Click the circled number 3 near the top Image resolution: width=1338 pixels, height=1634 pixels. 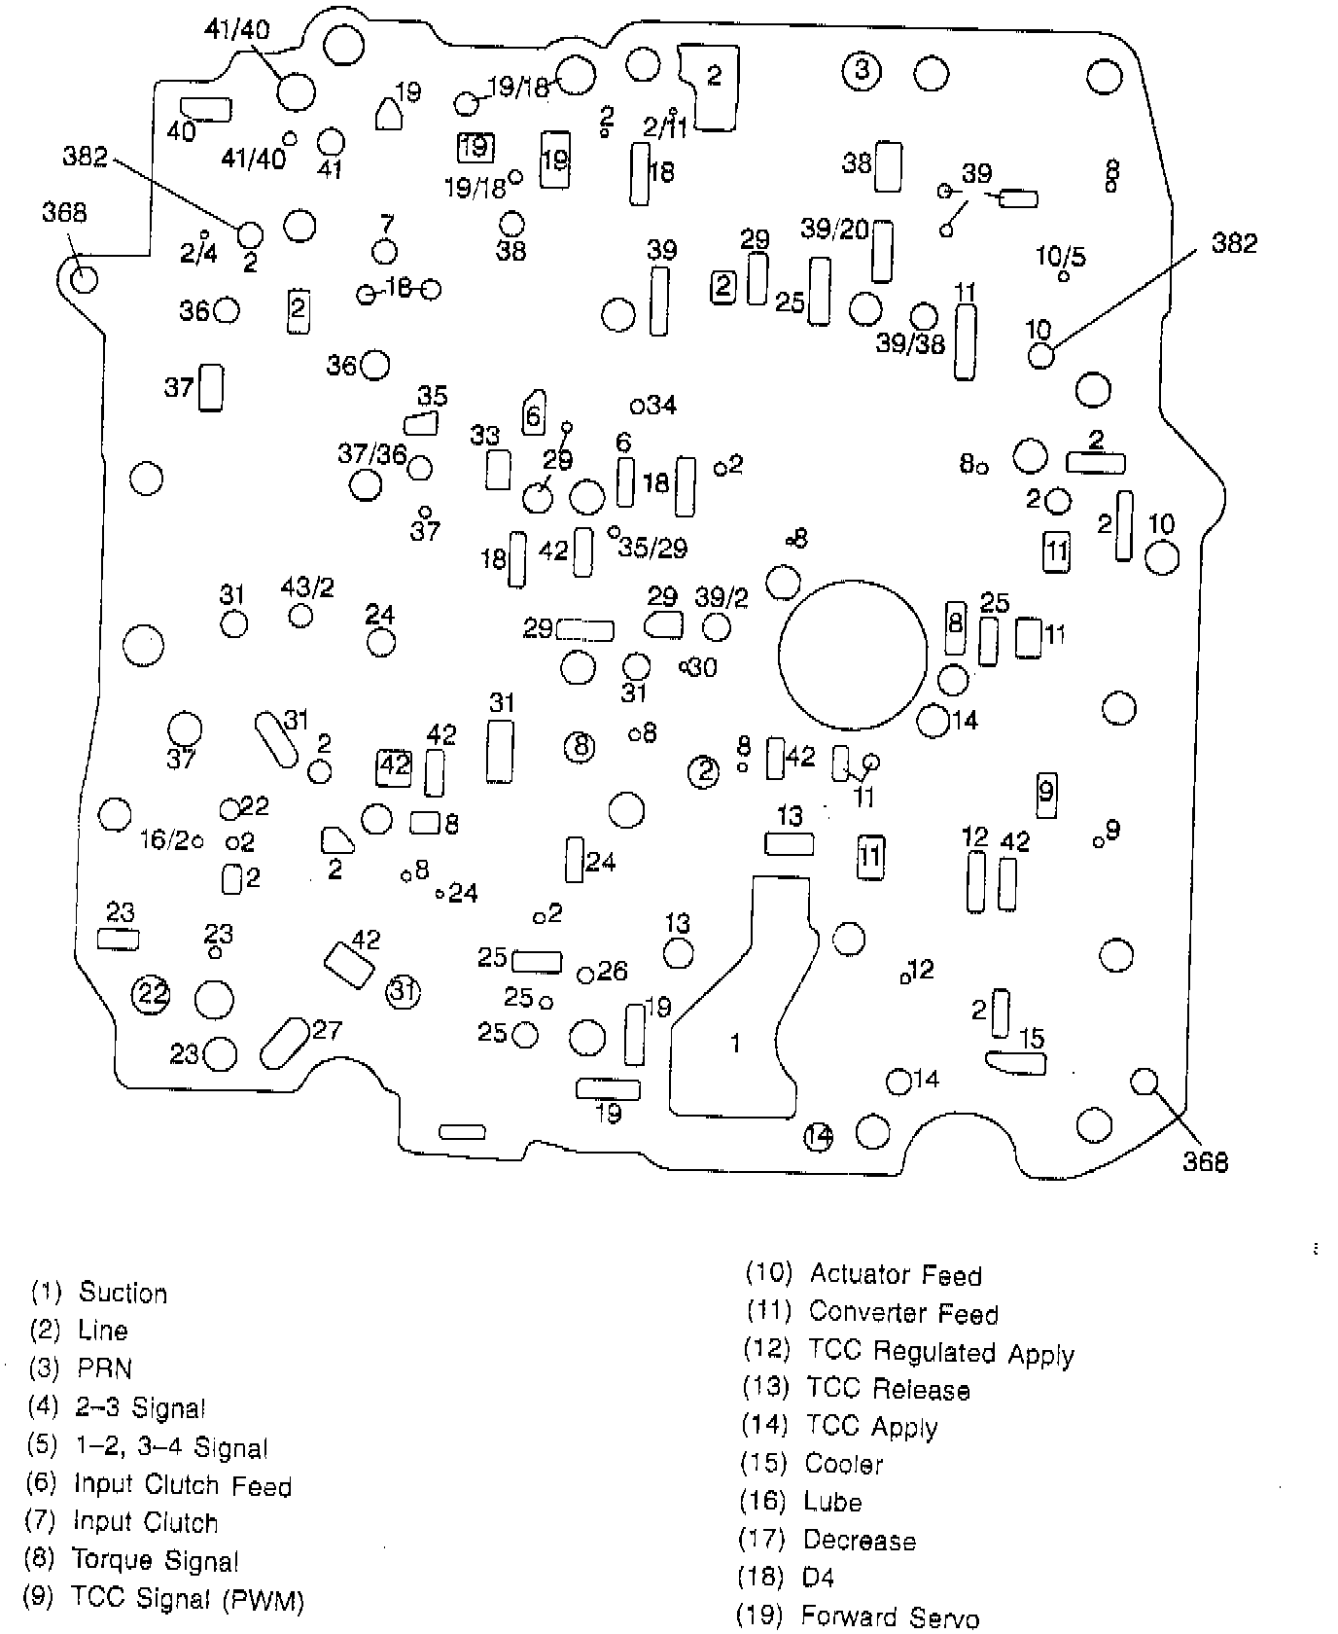[x=861, y=70]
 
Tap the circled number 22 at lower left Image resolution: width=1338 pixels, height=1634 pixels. [x=151, y=993]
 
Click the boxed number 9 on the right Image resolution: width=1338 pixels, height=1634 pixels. [x=1046, y=791]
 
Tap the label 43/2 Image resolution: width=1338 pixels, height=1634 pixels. [x=307, y=587]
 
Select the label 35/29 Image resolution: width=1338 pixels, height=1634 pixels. [x=653, y=549]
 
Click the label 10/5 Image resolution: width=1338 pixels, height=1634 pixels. [x=1061, y=257]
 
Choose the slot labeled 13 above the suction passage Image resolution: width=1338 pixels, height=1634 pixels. [x=789, y=842]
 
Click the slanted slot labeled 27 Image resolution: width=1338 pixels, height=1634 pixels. [x=284, y=1042]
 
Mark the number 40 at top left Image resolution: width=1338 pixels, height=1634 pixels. [x=181, y=130]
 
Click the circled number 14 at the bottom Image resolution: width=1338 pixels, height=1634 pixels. [x=819, y=1135]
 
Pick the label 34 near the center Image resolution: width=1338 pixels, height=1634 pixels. [x=661, y=404]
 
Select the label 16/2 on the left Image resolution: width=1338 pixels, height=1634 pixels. [x=163, y=839]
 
